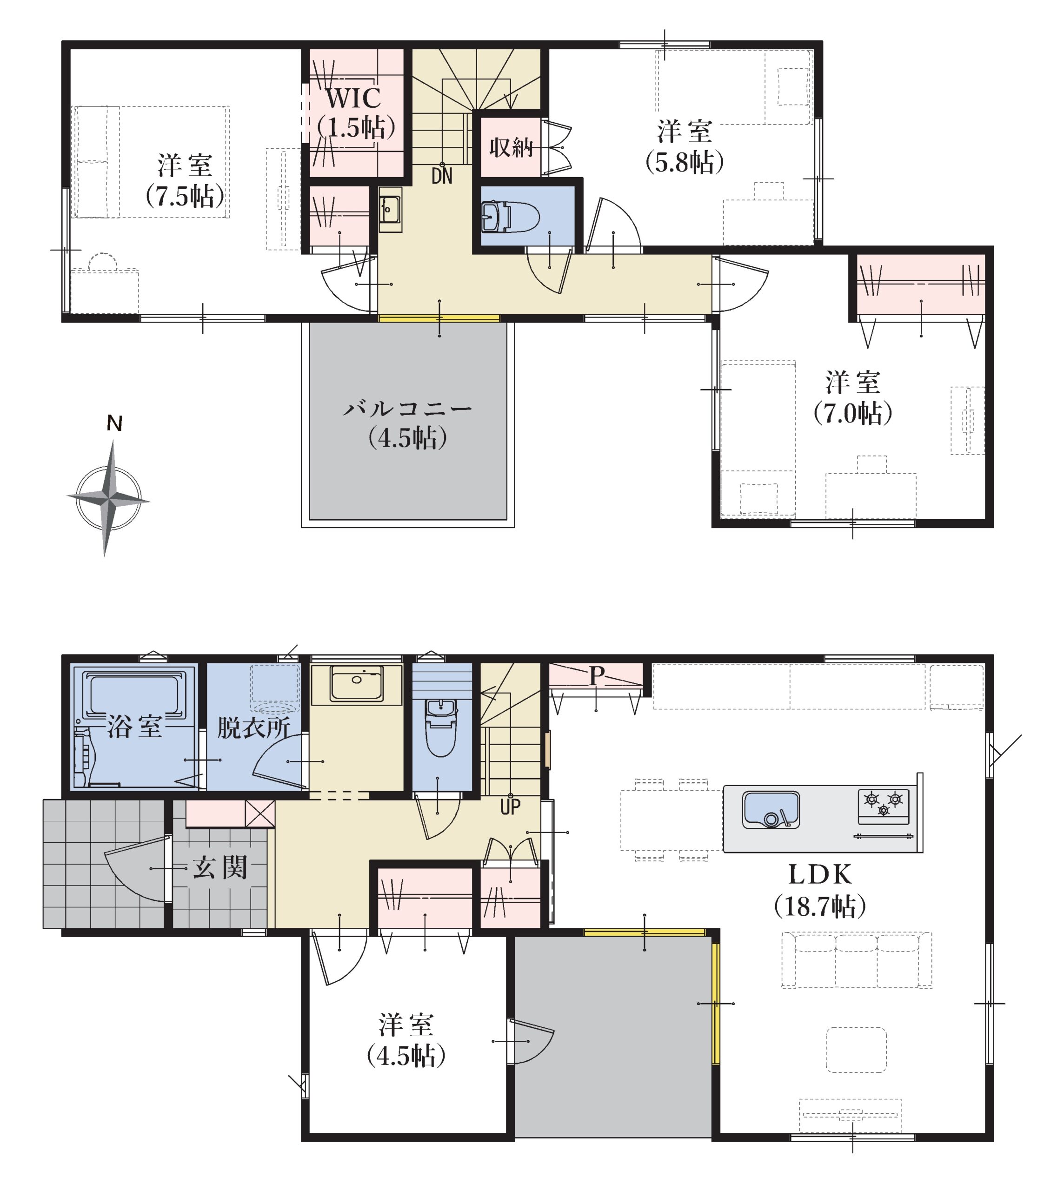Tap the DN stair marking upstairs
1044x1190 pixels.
pyautogui.click(x=442, y=176)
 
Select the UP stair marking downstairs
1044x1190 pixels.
pyautogui.click(x=510, y=807)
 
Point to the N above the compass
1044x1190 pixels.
pyautogui.click(x=115, y=424)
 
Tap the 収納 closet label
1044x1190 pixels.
pyautogui.click(x=512, y=147)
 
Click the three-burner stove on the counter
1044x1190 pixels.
pyautogui.click(x=883, y=806)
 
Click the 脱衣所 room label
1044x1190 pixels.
pyautogui.click(x=254, y=728)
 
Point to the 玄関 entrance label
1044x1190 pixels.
pyautogui.click(x=220, y=867)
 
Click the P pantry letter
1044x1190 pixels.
pyautogui.click(x=595, y=676)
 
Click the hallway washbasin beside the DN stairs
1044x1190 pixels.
pyautogui.click(x=390, y=210)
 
